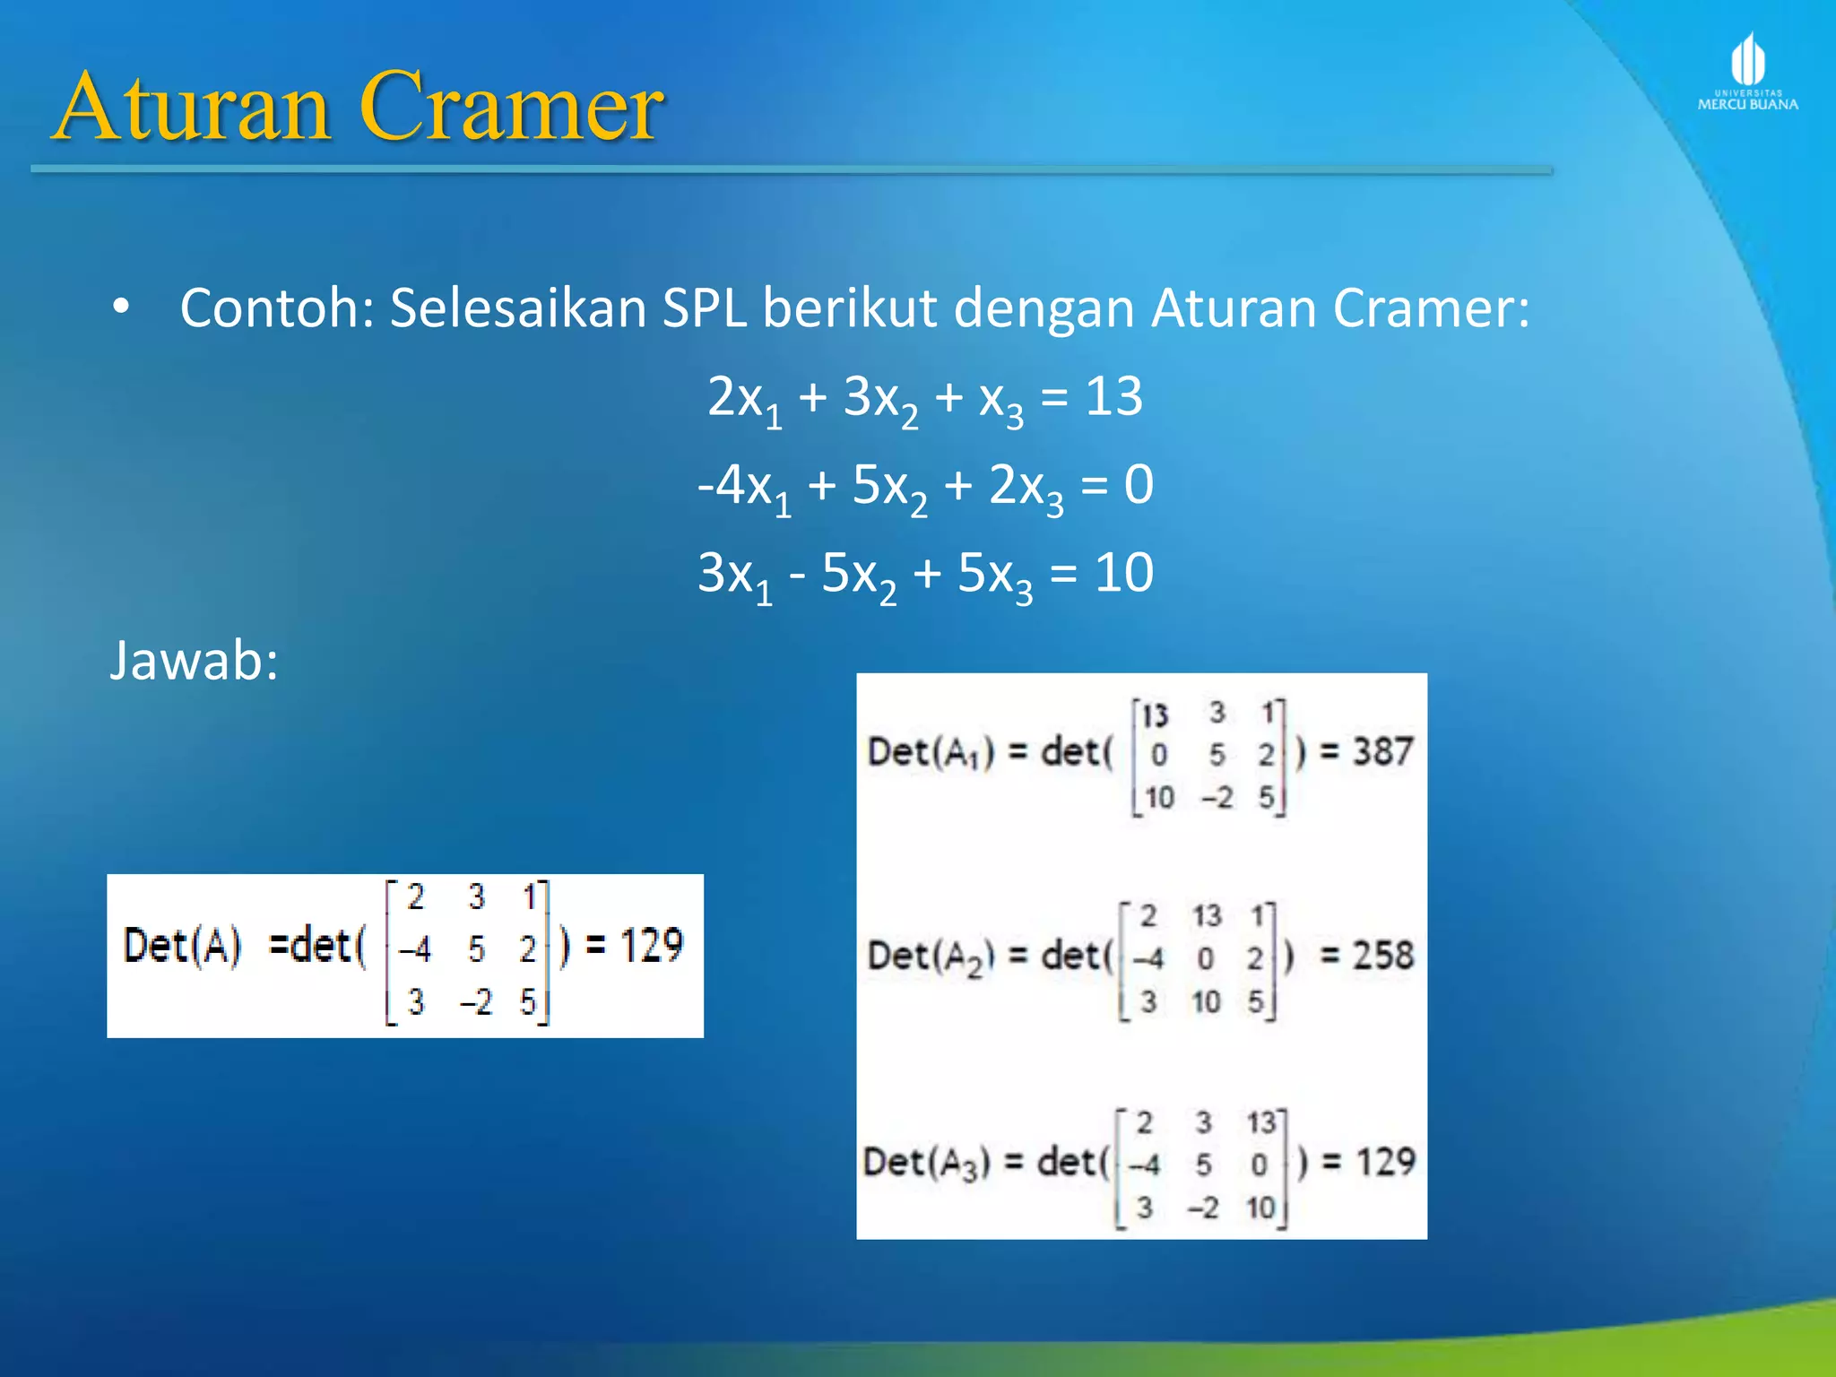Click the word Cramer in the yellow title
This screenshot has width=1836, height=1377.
(511, 108)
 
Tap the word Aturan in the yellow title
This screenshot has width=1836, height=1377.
(192, 108)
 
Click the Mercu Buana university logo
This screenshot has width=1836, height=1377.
(1747, 72)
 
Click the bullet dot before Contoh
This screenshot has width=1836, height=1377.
(121, 308)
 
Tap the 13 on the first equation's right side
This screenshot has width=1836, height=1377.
(1113, 396)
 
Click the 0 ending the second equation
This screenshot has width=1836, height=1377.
(1139, 485)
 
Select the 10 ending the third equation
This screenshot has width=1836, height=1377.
(1123, 573)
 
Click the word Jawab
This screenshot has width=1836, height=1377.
(194, 661)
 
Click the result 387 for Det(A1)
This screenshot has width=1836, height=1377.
(1383, 751)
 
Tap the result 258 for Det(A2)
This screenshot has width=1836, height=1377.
(1383, 956)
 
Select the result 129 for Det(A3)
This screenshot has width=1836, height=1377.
(1385, 1162)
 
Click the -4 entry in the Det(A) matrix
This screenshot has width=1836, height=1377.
(414, 948)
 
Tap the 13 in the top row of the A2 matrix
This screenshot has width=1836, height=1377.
(1207, 916)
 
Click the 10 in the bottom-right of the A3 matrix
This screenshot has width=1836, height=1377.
(1260, 1208)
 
